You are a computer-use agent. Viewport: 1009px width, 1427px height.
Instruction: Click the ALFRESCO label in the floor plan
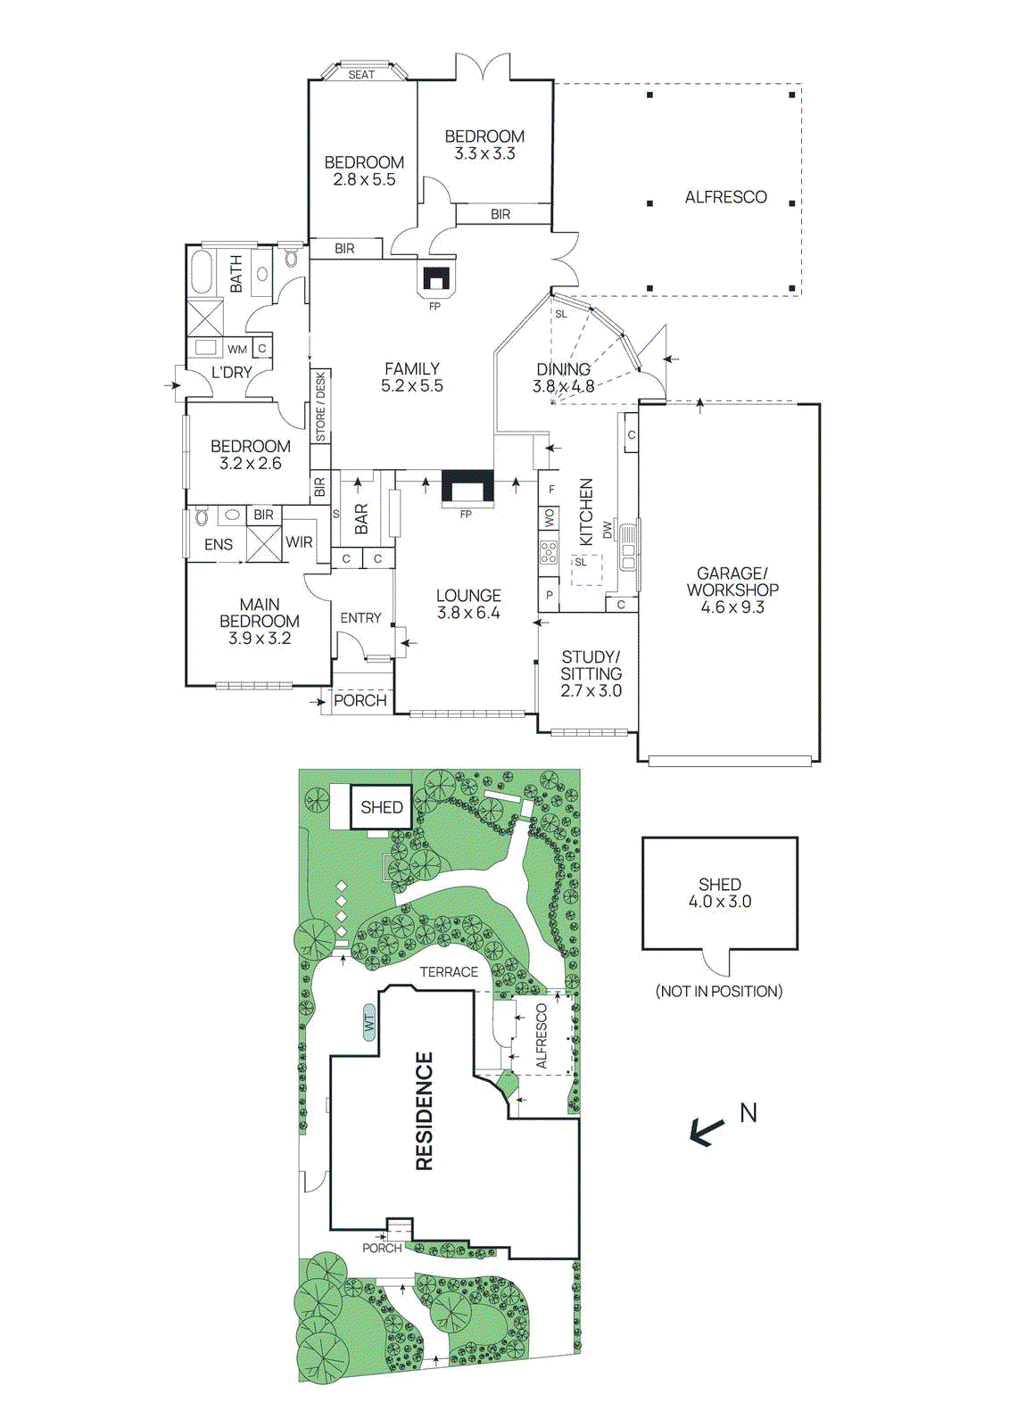pos(725,197)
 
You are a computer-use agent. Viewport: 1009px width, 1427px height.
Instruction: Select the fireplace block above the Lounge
pos(467,488)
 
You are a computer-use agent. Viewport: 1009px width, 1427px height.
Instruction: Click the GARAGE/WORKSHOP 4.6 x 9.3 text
pos(732,590)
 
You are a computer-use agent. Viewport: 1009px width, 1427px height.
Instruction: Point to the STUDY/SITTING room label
pos(591,673)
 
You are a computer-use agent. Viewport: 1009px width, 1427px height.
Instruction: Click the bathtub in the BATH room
pos(201,273)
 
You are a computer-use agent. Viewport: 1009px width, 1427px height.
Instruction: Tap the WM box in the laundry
pos(236,349)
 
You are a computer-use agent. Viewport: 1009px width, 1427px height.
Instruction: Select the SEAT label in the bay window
pos(361,75)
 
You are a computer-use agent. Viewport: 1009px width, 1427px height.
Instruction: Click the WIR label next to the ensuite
pos(299,541)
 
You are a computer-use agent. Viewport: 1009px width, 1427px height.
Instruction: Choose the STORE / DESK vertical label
pos(320,407)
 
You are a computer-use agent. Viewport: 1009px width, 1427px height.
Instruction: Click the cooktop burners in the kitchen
pos(549,552)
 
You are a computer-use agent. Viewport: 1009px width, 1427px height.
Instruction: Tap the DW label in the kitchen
pos(608,530)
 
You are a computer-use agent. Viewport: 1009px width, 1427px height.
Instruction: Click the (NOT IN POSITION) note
pos(719,991)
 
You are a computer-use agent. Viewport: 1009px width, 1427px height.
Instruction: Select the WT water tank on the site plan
pos(369,1022)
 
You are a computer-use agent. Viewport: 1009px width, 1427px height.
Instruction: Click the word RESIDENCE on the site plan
pos(425,1110)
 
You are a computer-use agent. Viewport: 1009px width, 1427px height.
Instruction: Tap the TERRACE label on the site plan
pos(449,972)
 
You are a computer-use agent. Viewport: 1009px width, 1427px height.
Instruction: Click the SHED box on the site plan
pos(382,807)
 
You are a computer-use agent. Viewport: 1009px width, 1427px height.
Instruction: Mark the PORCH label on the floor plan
pos(360,700)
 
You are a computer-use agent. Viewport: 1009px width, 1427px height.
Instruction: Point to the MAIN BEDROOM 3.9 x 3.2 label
pos(259,621)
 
